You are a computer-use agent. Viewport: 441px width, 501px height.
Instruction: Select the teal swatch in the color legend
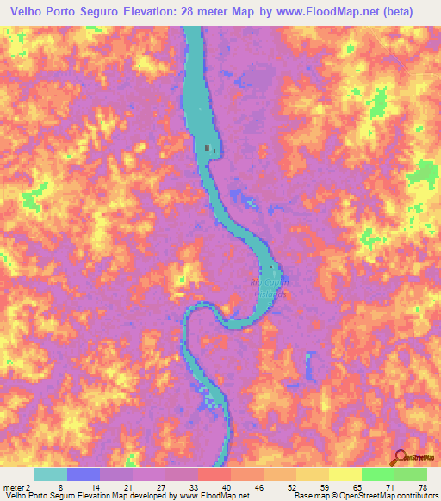coord(51,474)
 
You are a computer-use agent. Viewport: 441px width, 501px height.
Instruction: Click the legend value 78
coord(421,486)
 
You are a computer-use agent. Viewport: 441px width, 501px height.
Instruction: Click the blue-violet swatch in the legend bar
coord(84,474)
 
